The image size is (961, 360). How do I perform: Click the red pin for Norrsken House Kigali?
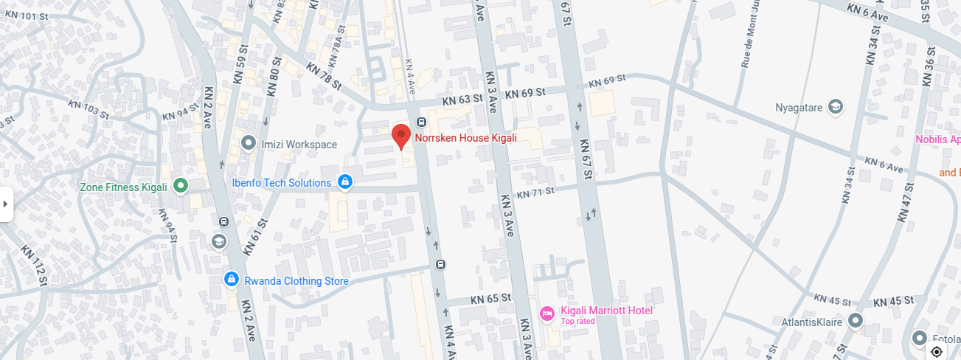tap(400, 136)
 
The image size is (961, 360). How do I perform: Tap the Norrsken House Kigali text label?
tap(465, 138)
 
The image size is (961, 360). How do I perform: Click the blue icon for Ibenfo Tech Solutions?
tap(344, 181)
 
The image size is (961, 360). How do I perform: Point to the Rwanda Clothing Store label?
tap(296, 281)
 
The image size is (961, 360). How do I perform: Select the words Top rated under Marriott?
tap(577, 321)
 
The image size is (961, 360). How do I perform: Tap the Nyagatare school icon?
tap(836, 107)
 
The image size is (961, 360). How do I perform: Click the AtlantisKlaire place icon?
tap(856, 321)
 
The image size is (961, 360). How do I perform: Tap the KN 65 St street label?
tap(490, 299)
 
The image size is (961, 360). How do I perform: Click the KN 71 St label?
tap(535, 193)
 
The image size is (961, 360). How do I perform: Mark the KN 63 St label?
tap(462, 98)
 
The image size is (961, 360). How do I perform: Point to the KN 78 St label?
tap(324, 76)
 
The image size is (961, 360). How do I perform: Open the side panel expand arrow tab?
tap(6, 204)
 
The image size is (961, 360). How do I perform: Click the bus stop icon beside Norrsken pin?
tap(420, 122)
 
